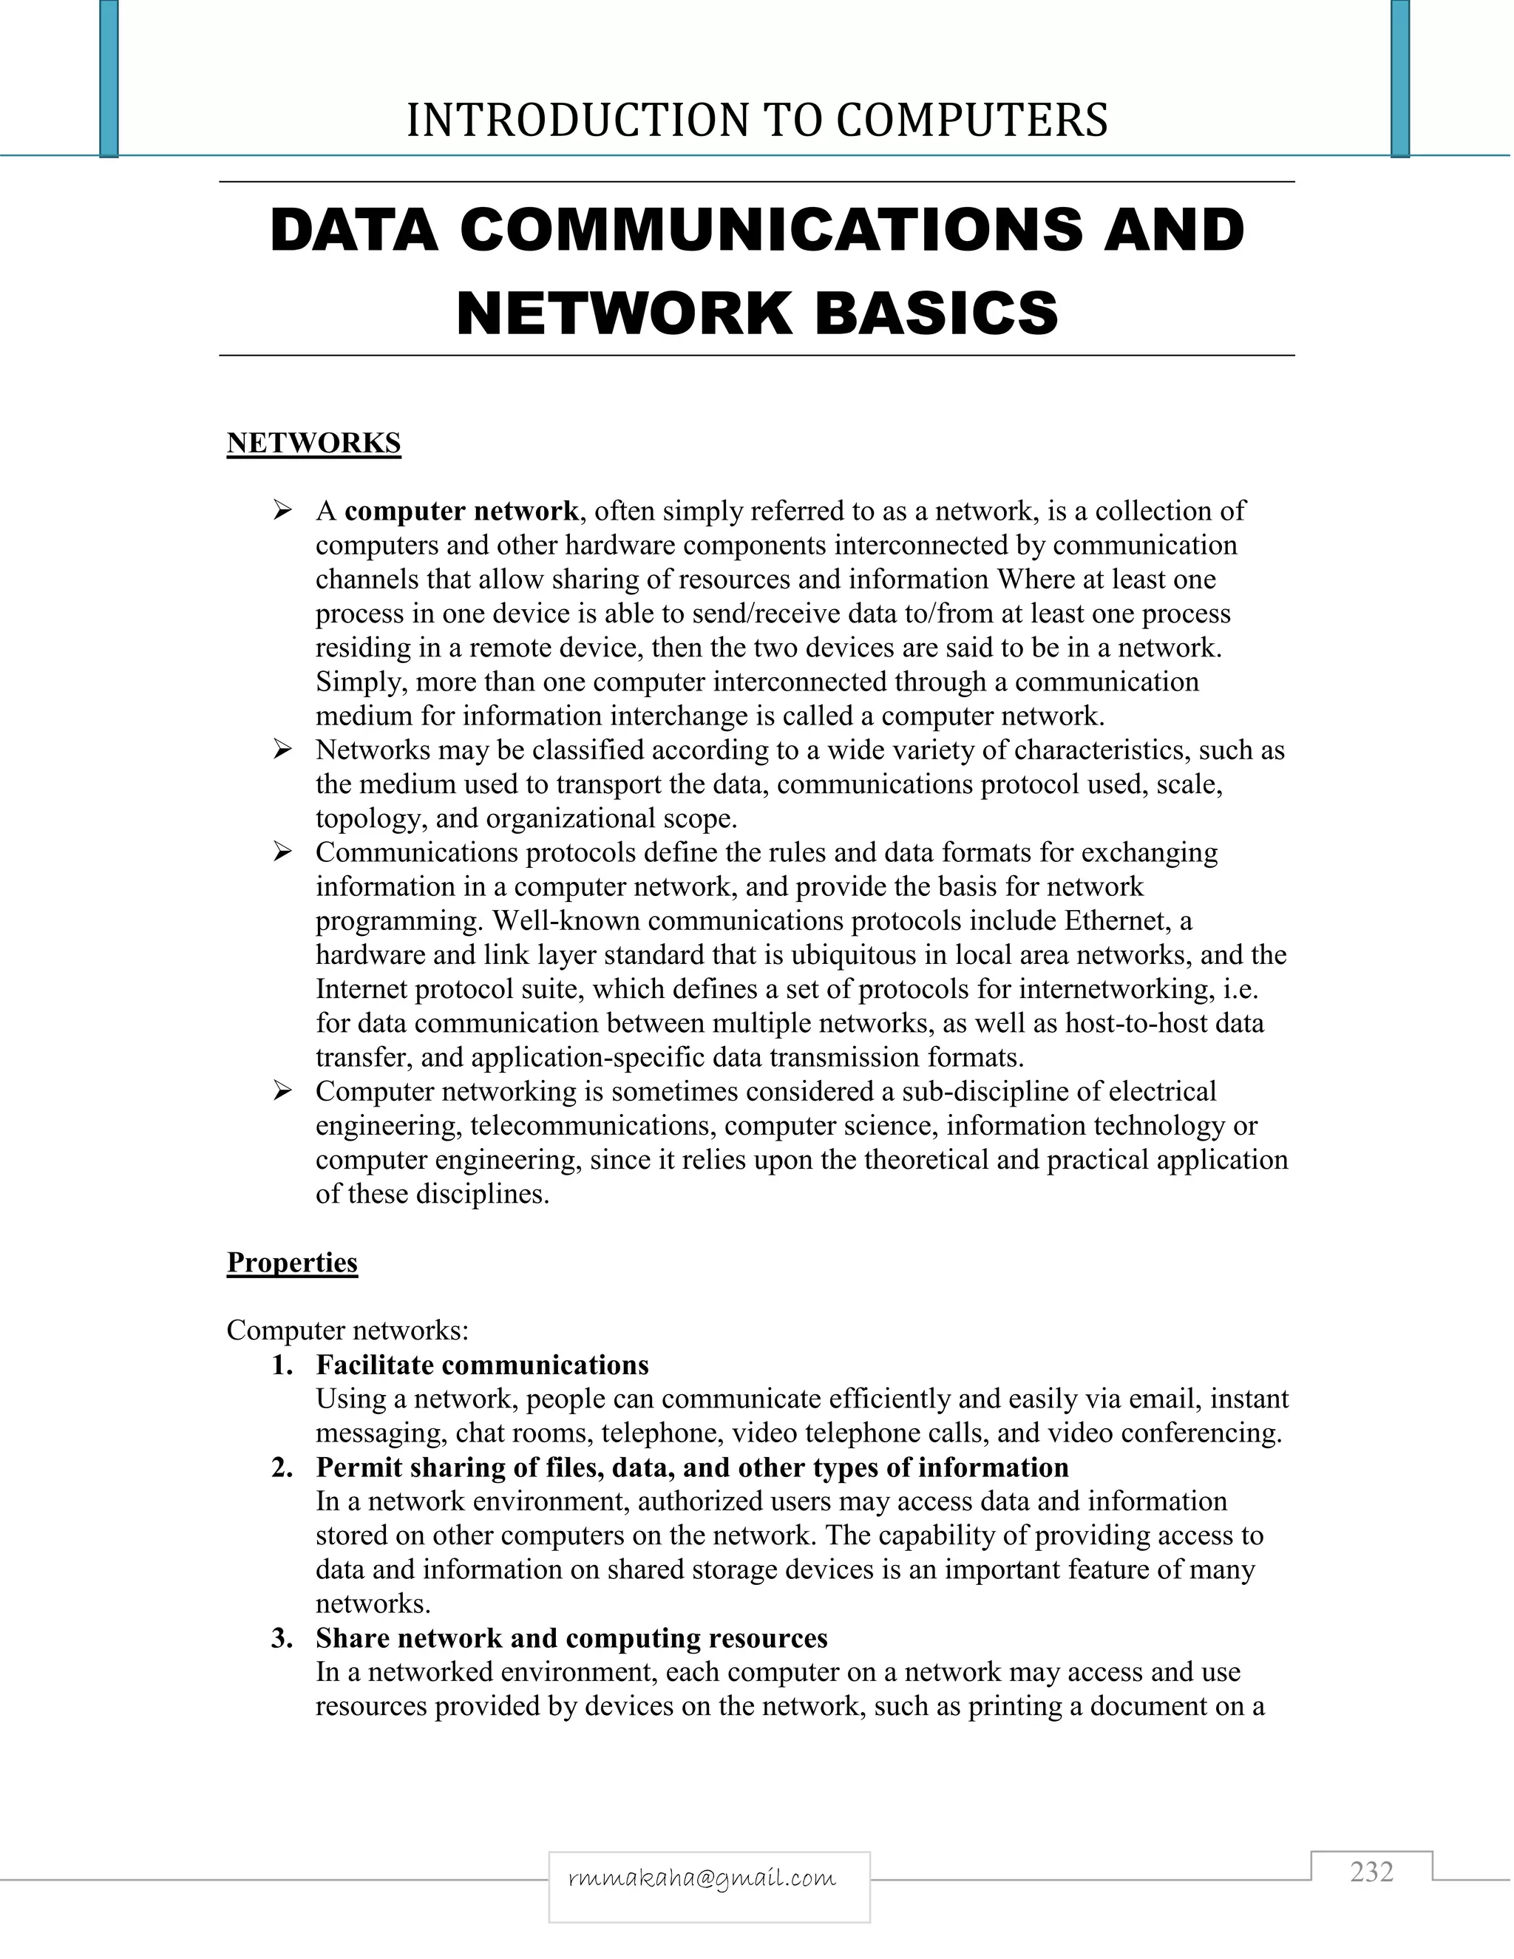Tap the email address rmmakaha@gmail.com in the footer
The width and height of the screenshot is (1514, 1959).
(702, 1878)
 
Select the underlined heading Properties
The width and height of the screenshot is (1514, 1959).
(293, 1263)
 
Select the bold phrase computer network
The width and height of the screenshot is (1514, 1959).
(462, 512)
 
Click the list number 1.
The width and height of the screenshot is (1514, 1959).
(282, 1365)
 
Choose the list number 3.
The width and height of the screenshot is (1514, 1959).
(282, 1639)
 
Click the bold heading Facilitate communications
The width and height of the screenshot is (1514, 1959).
(483, 1365)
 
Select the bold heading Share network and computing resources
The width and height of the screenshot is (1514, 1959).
(571, 1639)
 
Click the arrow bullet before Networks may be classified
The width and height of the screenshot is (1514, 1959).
(283, 749)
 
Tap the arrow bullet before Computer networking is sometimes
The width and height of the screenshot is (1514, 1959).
(283, 1092)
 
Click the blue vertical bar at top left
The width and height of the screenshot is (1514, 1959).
(109, 79)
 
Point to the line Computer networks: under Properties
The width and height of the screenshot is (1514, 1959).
(348, 1330)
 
